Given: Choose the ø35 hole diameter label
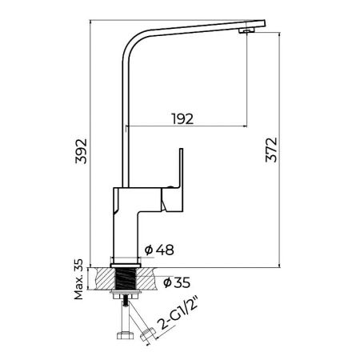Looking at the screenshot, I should (177, 282).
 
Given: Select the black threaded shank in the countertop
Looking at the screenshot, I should (126, 280).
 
